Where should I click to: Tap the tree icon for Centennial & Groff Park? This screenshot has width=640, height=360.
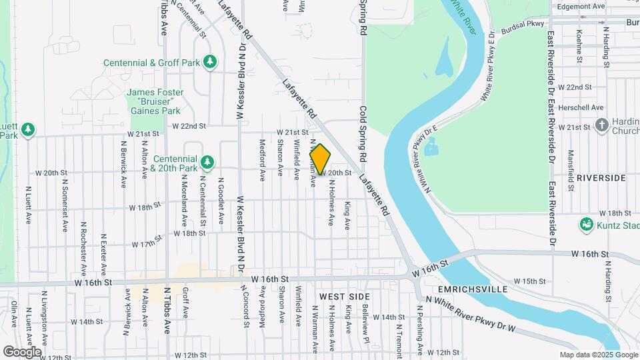click(x=211, y=63)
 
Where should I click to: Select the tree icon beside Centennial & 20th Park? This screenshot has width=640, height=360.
click(x=208, y=161)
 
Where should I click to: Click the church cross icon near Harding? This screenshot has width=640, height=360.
click(x=602, y=125)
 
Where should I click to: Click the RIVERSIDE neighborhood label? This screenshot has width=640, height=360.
click(x=601, y=178)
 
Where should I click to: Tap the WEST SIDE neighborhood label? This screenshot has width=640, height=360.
click(x=344, y=295)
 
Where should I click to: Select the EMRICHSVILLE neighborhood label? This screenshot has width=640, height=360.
click(x=473, y=289)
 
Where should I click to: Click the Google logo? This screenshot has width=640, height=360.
click(x=22, y=351)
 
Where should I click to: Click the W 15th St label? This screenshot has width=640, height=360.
click(x=534, y=281)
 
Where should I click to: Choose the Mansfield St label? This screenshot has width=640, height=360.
click(x=571, y=171)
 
